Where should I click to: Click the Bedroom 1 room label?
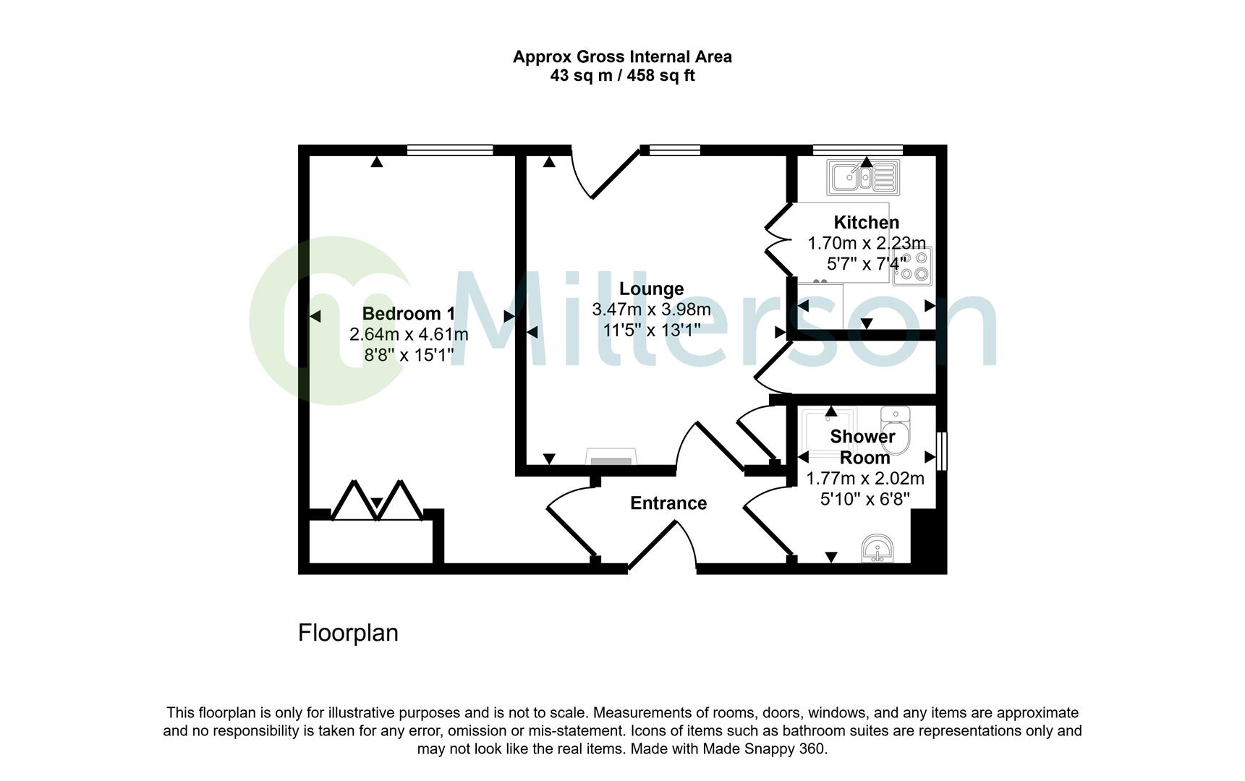click(408, 313)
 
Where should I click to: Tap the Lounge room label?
click(651, 289)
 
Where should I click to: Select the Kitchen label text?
click(866, 222)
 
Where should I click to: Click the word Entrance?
click(668, 503)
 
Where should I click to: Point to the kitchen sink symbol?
click(863, 177)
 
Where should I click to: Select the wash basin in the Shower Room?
click(879, 550)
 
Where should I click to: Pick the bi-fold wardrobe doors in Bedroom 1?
click(377, 500)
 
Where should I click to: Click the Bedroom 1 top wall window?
click(449, 150)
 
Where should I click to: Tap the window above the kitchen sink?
click(857, 150)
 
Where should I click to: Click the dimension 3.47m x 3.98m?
click(651, 310)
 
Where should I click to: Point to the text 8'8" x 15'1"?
click(409, 355)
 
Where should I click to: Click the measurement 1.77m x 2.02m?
click(865, 479)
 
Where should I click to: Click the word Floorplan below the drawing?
click(348, 633)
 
